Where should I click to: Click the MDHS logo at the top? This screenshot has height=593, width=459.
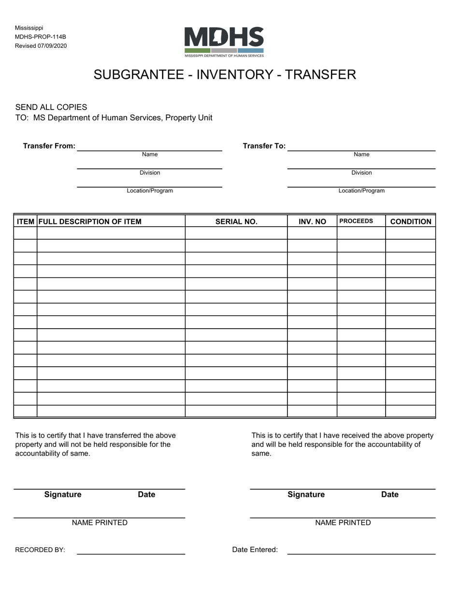tap(224, 41)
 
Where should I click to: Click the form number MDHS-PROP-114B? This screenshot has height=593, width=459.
tap(40, 37)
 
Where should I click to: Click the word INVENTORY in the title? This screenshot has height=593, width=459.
tap(225, 74)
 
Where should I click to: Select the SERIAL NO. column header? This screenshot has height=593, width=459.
tap(236, 221)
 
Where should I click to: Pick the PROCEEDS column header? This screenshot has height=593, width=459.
tap(356, 221)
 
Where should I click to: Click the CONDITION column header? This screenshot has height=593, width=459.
tap(410, 221)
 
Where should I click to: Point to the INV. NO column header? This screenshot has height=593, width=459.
tap(312, 221)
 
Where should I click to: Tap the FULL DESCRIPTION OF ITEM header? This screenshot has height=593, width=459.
tap(90, 221)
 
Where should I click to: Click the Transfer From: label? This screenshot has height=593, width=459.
tap(49, 146)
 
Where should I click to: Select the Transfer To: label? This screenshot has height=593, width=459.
tap(264, 146)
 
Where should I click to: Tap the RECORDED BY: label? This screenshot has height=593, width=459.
tap(40, 550)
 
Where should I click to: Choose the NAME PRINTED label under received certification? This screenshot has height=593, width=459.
tap(343, 523)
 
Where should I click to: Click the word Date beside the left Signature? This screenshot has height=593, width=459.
tap(146, 494)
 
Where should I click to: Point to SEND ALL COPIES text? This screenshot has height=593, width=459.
tap(51, 107)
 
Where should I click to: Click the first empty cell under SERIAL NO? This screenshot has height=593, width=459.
tap(236, 233)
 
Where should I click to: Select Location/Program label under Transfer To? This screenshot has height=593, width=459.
tap(361, 191)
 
